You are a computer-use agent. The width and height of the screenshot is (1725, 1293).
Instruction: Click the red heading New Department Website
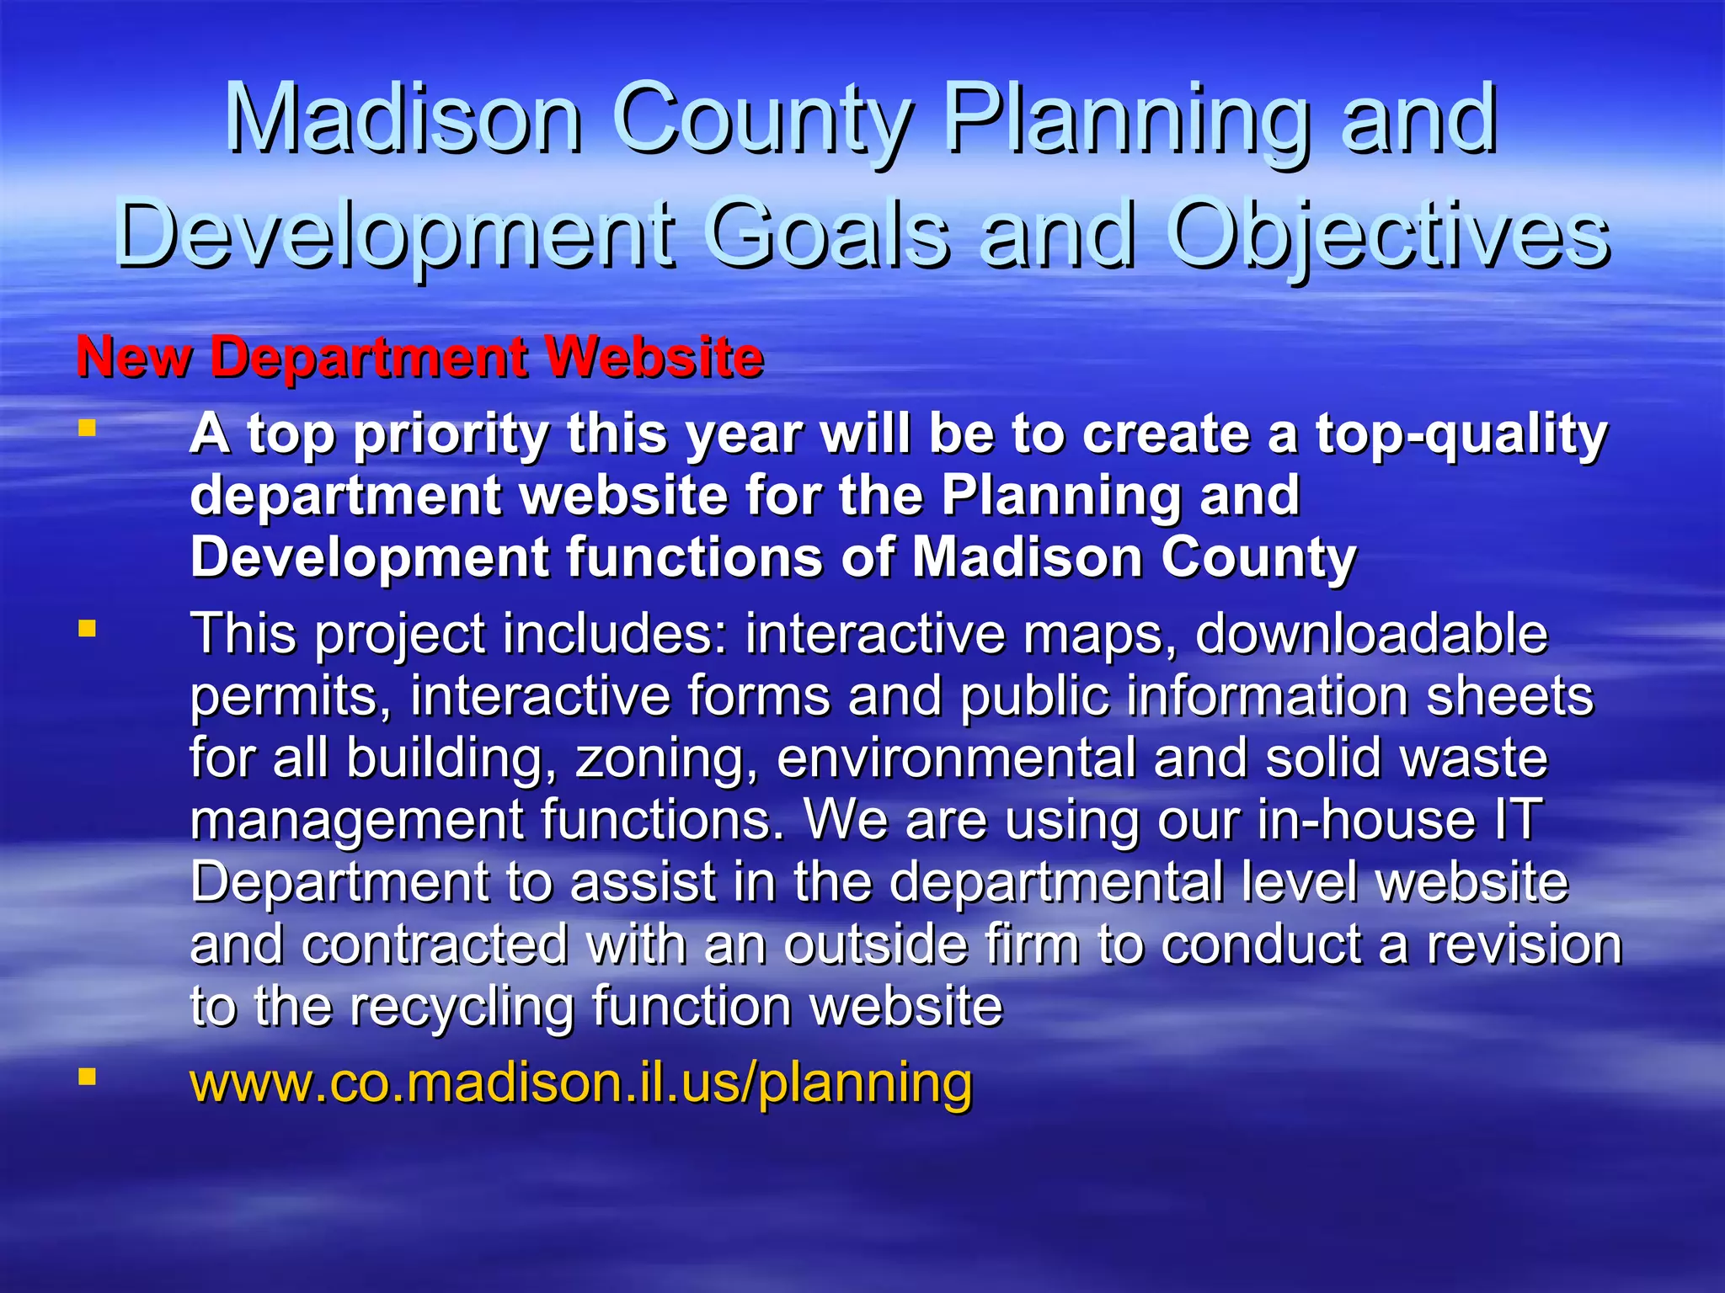(x=419, y=356)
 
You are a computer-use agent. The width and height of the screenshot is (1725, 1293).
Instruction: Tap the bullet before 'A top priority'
(x=87, y=428)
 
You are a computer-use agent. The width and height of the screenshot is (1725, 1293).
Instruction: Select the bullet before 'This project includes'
(x=87, y=628)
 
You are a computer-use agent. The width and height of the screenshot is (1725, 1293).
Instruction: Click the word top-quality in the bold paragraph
(x=1461, y=435)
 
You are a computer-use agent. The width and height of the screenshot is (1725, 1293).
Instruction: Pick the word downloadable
(x=1370, y=634)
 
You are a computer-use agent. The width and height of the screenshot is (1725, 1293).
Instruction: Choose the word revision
(x=1524, y=944)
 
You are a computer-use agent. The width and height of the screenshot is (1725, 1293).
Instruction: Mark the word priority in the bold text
(x=451, y=435)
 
